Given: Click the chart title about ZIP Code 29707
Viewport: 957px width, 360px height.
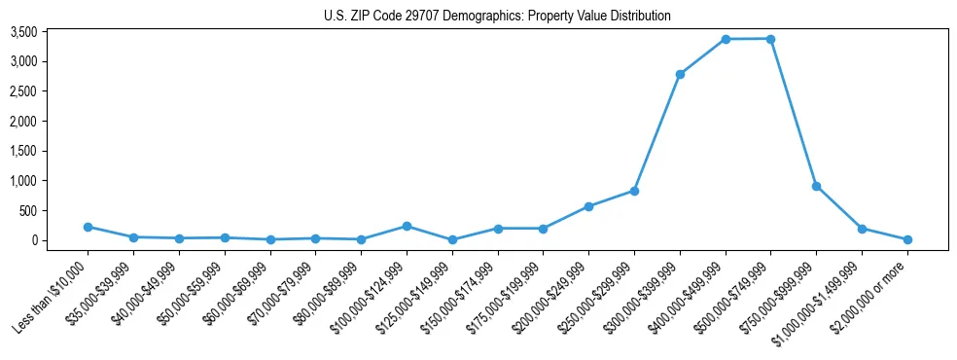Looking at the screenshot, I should pyautogui.click(x=497, y=16).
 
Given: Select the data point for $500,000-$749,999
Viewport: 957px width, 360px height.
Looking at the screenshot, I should pyautogui.click(x=770, y=39).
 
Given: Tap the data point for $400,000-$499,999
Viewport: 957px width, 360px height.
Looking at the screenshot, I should pyautogui.click(x=726, y=39).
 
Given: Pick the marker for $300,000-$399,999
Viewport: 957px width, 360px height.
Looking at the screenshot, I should pyautogui.click(x=680, y=74).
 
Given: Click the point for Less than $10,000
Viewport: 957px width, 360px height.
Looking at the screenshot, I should pyautogui.click(x=88, y=227).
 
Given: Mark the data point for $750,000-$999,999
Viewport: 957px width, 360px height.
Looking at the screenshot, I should pyautogui.click(x=816, y=186).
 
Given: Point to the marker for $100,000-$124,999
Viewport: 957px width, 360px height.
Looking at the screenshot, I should pyautogui.click(x=407, y=226).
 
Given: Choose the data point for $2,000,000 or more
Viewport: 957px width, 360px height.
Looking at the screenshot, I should pyautogui.click(x=907, y=239).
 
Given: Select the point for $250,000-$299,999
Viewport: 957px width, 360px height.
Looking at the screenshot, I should pyautogui.click(x=634, y=191).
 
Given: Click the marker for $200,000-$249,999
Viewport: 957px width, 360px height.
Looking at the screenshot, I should pyautogui.click(x=588, y=206).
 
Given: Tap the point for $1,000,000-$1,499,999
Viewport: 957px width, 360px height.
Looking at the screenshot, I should pyautogui.click(x=862, y=229).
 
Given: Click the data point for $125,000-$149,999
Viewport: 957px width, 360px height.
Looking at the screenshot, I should pyautogui.click(x=452, y=239).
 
